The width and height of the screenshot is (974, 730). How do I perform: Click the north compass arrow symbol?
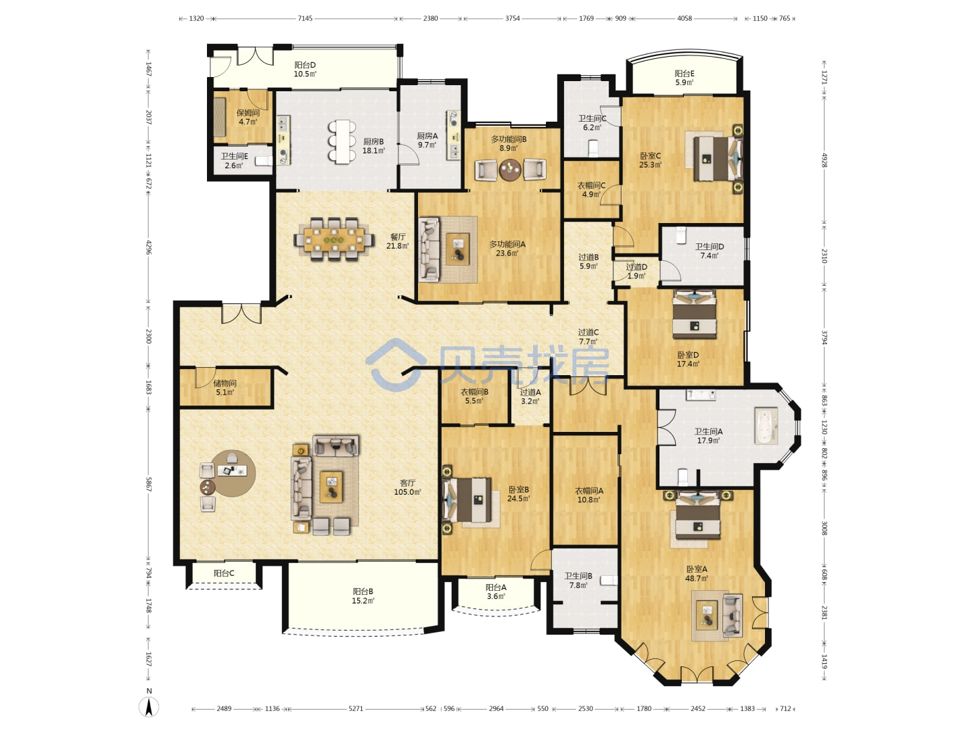pyautogui.click(x=149, y=706)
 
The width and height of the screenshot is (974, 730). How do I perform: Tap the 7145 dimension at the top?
pyautogui.click(x=305, y=18)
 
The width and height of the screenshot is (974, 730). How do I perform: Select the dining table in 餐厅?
pyautogui.click(x=333, y=240)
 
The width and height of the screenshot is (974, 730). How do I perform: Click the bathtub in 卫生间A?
pyautogui.click(x=766, y=427)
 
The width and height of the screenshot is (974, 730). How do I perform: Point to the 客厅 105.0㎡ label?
pyautogui.click(x=407, y=487)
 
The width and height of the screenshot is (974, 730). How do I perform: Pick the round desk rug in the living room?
pyautogui.click(x=233, y=473)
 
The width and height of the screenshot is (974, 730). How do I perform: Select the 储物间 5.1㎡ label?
pyautogui.click(x=225, y=387)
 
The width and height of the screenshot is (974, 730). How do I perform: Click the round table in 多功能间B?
pyautogui.click(x=510, y=169)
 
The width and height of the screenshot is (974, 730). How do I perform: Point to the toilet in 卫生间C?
pyautogui.click(x=593, y=148)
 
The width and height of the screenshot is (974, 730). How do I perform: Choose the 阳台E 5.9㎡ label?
pyautogui.click(x=685, y=78)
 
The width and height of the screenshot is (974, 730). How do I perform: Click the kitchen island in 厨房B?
pyautogui.click(x=342, y=142)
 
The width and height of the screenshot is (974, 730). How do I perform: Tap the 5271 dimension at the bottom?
pyautogui.click(x=355, y=708)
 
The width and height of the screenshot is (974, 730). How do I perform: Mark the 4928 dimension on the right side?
pyautogui.click(x=824, y=160)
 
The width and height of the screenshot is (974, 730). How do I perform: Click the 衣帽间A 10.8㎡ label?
pyautogui.click(x=589, y=495)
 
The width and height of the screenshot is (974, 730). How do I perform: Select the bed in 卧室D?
pyautogui.click(x=695, y=314)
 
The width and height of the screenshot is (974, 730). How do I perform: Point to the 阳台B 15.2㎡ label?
pyautogui.click(x=363, y=596)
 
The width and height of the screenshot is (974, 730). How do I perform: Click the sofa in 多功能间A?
pyautogui.click(x=430, y=249)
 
